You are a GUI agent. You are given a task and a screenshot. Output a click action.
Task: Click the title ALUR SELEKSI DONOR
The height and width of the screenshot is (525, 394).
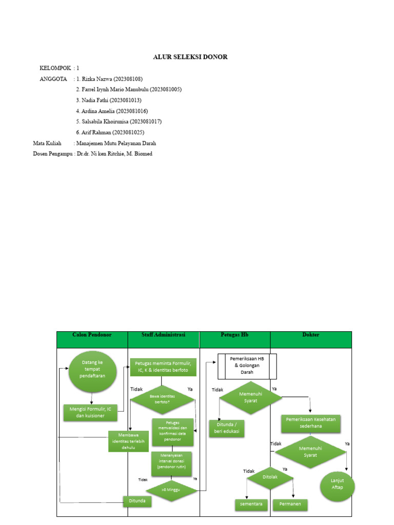pos(190,57)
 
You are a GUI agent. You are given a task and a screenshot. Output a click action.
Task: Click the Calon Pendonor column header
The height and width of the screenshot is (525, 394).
pos(92,335)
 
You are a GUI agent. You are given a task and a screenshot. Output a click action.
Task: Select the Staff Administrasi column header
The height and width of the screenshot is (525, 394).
pos(163,335)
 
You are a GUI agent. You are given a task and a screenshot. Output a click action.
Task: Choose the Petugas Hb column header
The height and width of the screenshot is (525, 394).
pos(234,335)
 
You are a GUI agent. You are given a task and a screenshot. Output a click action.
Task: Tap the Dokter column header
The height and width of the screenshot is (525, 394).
pos(311,335)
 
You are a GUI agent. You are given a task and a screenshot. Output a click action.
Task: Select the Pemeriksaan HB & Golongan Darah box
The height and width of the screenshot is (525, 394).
pos(247,367)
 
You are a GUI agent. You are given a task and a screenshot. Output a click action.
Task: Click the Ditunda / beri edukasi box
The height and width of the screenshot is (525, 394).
pos(226,428)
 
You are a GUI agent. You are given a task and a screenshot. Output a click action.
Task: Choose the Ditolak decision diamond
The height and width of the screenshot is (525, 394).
pos(270,478)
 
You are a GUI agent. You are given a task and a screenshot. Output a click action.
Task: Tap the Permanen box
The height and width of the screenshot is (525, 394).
pos(290,504)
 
